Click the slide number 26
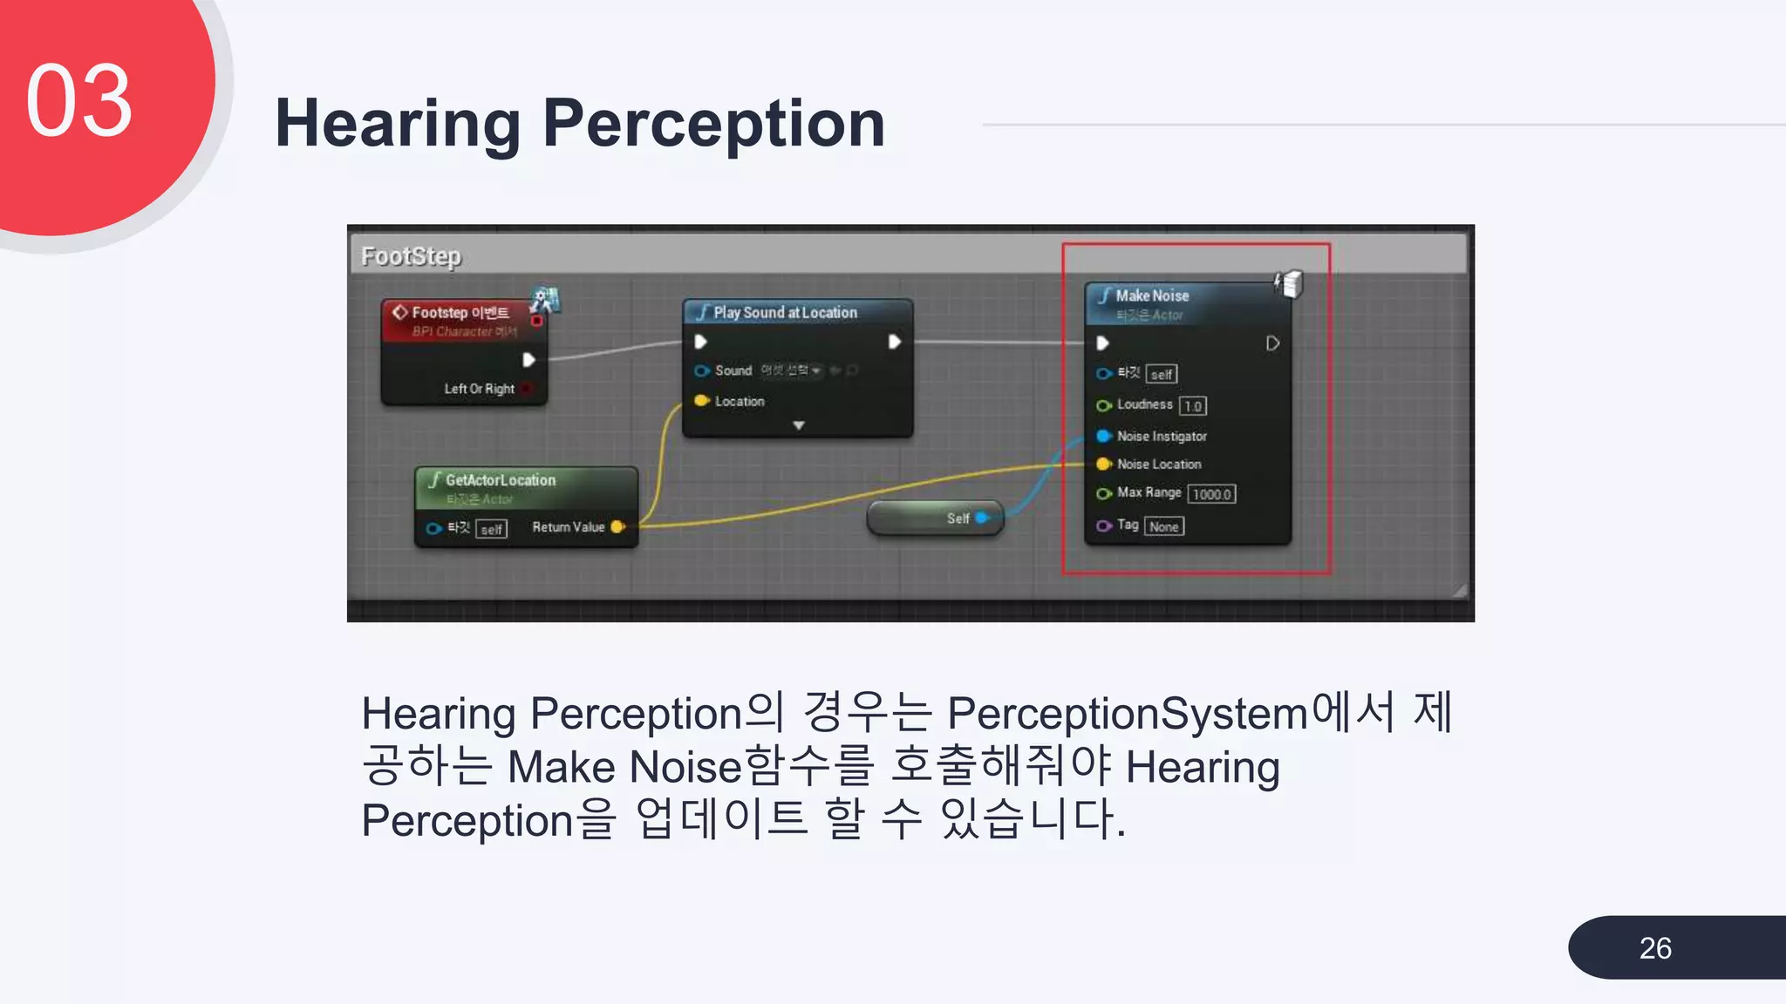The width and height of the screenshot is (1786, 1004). click(1654, 947)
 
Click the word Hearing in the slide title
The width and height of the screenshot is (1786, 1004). click(398, 124)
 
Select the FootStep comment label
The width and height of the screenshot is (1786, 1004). click(411, 256)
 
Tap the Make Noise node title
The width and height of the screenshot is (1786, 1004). click(1151, 296)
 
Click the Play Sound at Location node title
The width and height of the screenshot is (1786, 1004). click(785, 313)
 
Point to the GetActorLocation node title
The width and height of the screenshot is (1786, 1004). click(500, 480)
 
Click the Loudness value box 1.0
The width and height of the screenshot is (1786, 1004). click(1192, 406)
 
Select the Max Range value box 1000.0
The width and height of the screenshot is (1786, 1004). click(1211, 494)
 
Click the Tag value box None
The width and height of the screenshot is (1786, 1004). click(1163, 526)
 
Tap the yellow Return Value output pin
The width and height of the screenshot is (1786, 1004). click(617, 526)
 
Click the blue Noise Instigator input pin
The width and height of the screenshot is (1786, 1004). click(1103, 436)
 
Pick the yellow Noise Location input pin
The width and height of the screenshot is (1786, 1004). click(1103, 464)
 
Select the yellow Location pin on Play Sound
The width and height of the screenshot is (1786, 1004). click(701, 401)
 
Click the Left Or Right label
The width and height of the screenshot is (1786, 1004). click(479, 389)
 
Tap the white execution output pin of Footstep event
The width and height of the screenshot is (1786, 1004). click(528, 360)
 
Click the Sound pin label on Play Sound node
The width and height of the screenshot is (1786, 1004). click(733, 370)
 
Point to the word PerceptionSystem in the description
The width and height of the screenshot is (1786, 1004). click(1128, 714)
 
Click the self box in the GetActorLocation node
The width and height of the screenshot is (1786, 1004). click(491, 529)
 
